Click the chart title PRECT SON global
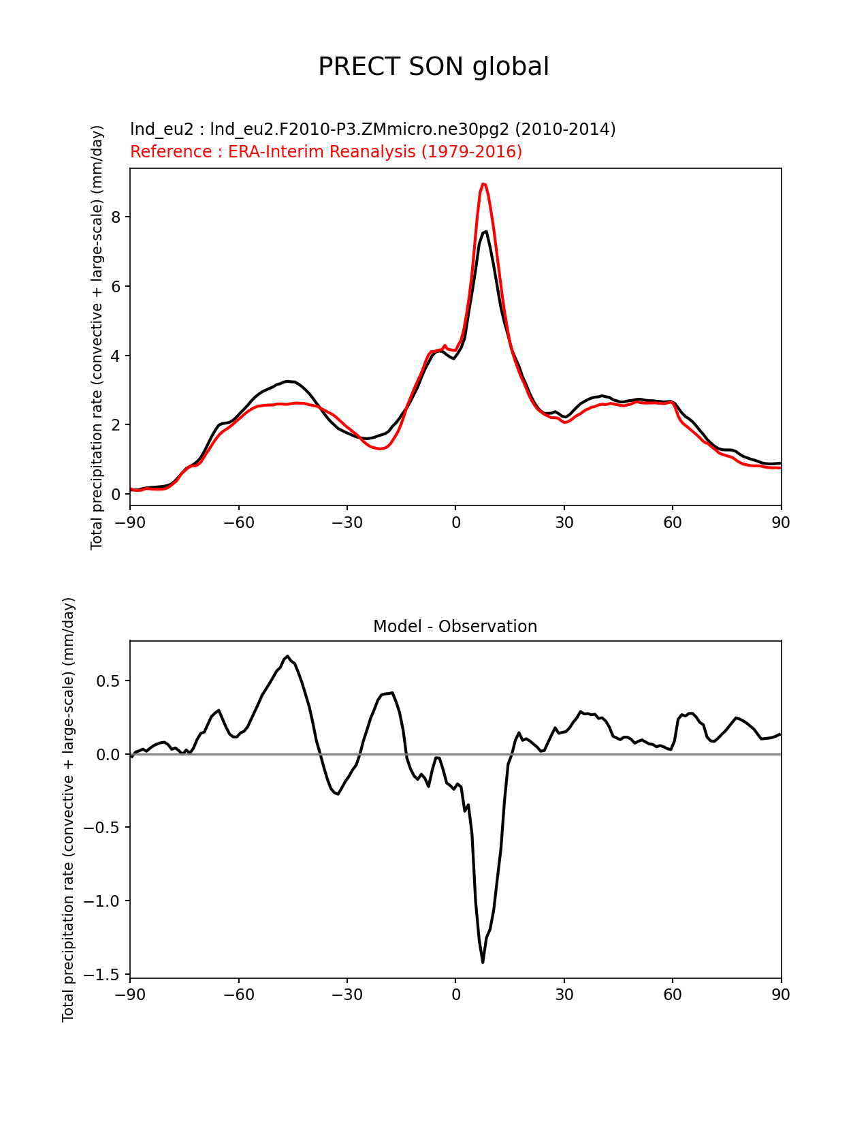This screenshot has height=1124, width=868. [434, 67]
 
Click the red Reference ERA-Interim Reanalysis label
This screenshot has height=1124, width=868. [326, 151]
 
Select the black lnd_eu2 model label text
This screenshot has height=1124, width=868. [372, 129]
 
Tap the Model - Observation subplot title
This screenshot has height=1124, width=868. [455, 627]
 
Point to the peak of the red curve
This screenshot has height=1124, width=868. [483, 184]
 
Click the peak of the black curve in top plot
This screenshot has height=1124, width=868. [485, 232]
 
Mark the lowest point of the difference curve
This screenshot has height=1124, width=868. [483, 962]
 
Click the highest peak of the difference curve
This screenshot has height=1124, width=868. [288, 656]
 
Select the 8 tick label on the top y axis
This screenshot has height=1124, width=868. [116, 217]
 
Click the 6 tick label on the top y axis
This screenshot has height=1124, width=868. [116, 286]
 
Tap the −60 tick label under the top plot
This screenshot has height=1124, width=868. [238, 522]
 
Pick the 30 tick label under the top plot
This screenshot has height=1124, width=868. [564, 522]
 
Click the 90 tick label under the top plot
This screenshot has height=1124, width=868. [781, 522]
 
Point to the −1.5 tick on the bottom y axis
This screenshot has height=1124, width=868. [101, 975]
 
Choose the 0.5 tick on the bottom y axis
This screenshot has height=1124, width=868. [108, 681]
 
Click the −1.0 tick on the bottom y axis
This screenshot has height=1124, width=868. [101, 901]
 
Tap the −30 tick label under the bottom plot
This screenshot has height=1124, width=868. [347, 995]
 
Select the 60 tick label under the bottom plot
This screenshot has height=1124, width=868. [673, 995]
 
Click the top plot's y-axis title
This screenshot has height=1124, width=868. [97, 337]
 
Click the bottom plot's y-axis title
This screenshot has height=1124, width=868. [69, 809]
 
